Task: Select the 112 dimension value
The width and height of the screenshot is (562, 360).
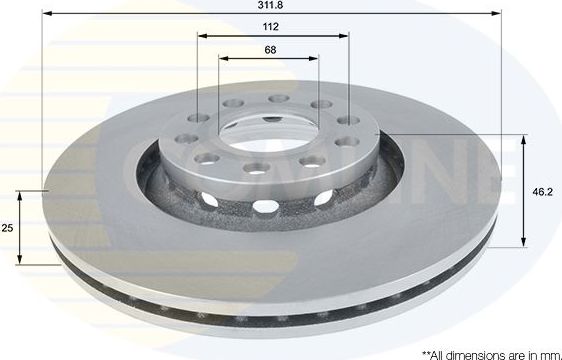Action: point(271,28)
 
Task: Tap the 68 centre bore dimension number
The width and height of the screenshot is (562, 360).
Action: point(271,49)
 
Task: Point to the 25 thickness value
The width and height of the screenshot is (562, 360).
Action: point(8,228)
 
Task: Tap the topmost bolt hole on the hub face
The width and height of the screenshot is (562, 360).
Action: point(277,99)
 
